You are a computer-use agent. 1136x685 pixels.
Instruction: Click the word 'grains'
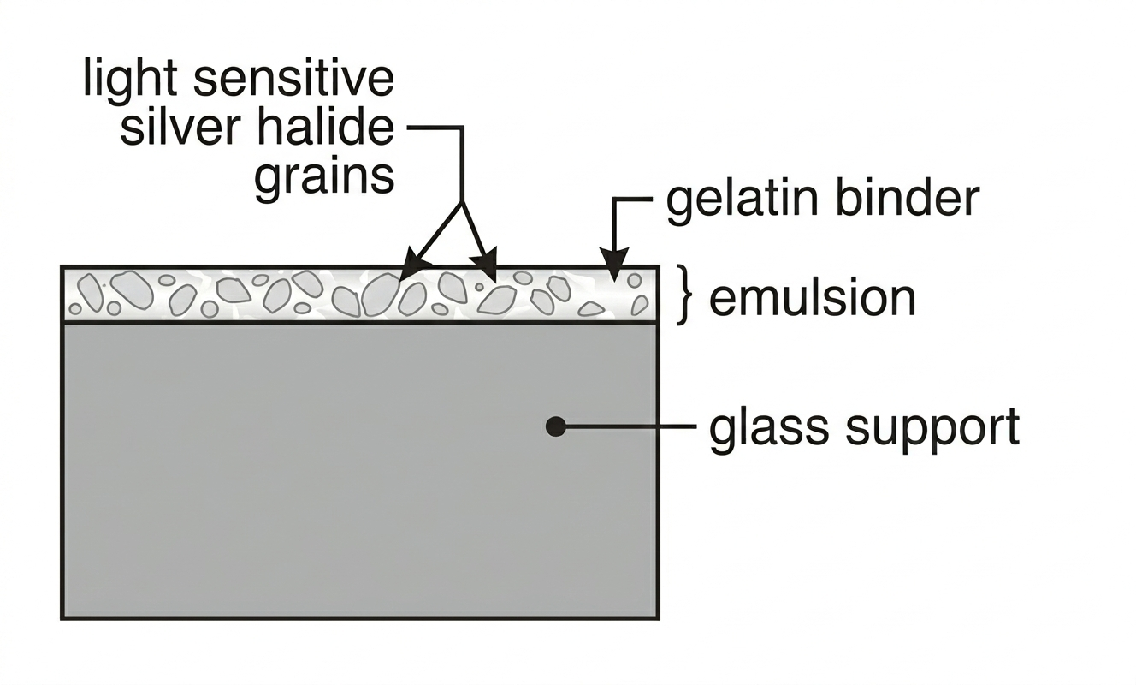(x=324, y=178)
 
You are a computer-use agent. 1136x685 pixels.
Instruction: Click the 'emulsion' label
(x=813, y=298)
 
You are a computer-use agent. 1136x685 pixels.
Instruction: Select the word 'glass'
(x=769, y=427)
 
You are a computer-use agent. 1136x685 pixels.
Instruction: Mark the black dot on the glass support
(x=556, y=426)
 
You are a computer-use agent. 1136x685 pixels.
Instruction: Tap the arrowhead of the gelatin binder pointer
(x=613, y=260)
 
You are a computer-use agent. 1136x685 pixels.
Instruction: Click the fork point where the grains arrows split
(x=462, y=204)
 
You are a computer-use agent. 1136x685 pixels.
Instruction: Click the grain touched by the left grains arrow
(x=380, y=294)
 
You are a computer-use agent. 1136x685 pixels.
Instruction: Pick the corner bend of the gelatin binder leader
(x=614, y=200)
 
